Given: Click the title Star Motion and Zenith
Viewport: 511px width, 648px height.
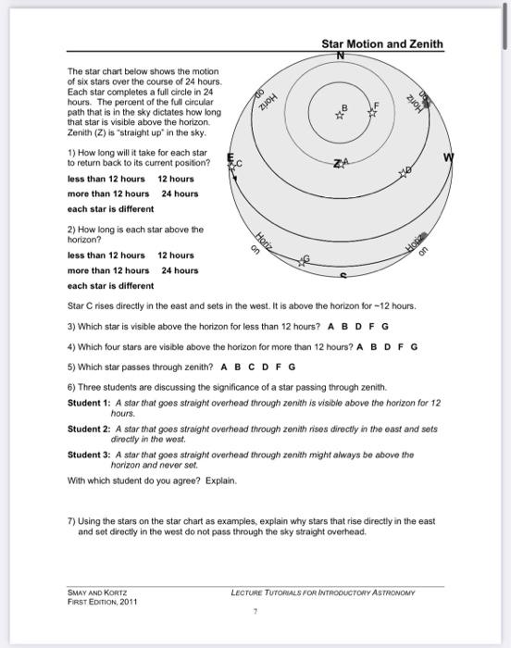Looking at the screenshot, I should (381, 44).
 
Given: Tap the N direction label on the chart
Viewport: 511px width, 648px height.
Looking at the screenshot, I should (341, 56).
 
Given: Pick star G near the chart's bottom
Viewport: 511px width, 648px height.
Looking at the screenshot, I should (302, 262).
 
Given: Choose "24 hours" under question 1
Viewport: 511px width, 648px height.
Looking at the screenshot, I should (180, 193).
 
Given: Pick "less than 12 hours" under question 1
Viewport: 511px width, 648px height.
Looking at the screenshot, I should (106, 178).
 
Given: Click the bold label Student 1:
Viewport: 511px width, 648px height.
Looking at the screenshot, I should (89, 403).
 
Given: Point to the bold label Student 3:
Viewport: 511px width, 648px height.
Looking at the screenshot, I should (89, 455).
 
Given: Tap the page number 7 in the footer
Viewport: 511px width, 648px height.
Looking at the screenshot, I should (255, 611).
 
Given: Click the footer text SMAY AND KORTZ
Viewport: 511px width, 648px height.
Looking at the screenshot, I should (97, 592).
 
